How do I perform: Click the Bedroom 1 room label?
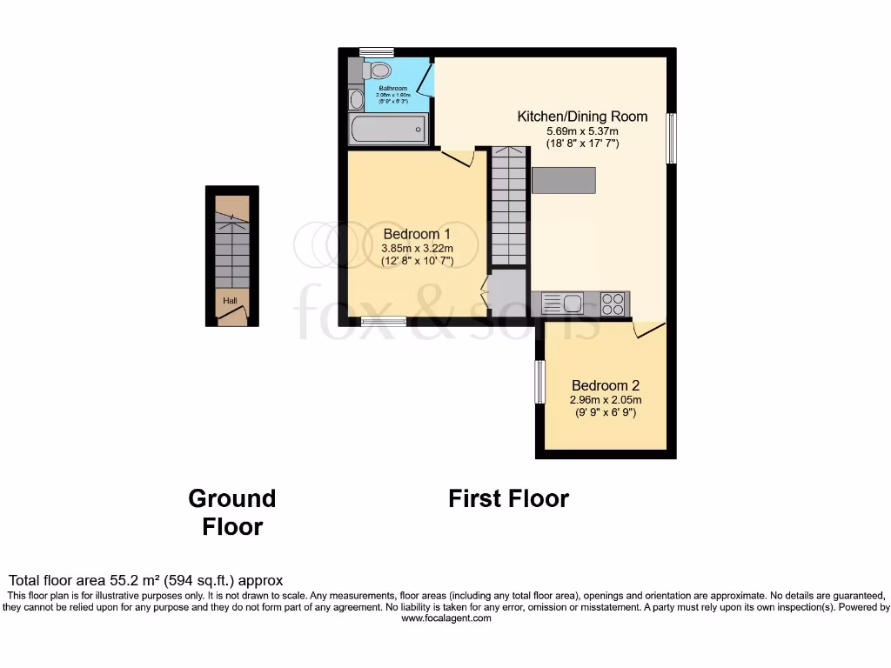417,234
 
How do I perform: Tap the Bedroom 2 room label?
605,385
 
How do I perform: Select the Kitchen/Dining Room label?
582,117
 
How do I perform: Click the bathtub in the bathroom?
388,130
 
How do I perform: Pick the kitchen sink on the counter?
563,304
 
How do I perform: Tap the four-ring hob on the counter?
613,304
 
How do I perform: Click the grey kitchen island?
564,180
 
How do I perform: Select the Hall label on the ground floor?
231,301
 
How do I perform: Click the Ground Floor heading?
232,511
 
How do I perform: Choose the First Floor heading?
508,498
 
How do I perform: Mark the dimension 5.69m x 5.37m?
582,130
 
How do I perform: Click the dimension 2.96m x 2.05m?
605,400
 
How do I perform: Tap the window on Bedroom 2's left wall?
539,382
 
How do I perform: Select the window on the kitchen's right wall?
671,137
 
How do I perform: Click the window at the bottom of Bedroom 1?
384,321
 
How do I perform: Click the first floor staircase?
509,206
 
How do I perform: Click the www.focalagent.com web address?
445,618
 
